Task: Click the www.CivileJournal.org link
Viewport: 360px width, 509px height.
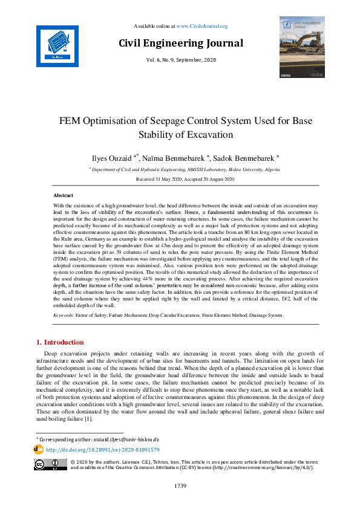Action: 202,26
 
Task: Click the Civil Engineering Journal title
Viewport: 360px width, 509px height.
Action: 181,43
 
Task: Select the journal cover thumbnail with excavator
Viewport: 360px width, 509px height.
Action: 302,48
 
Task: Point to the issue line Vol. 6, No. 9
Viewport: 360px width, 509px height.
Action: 181,60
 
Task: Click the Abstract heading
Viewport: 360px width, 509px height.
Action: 64,196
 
